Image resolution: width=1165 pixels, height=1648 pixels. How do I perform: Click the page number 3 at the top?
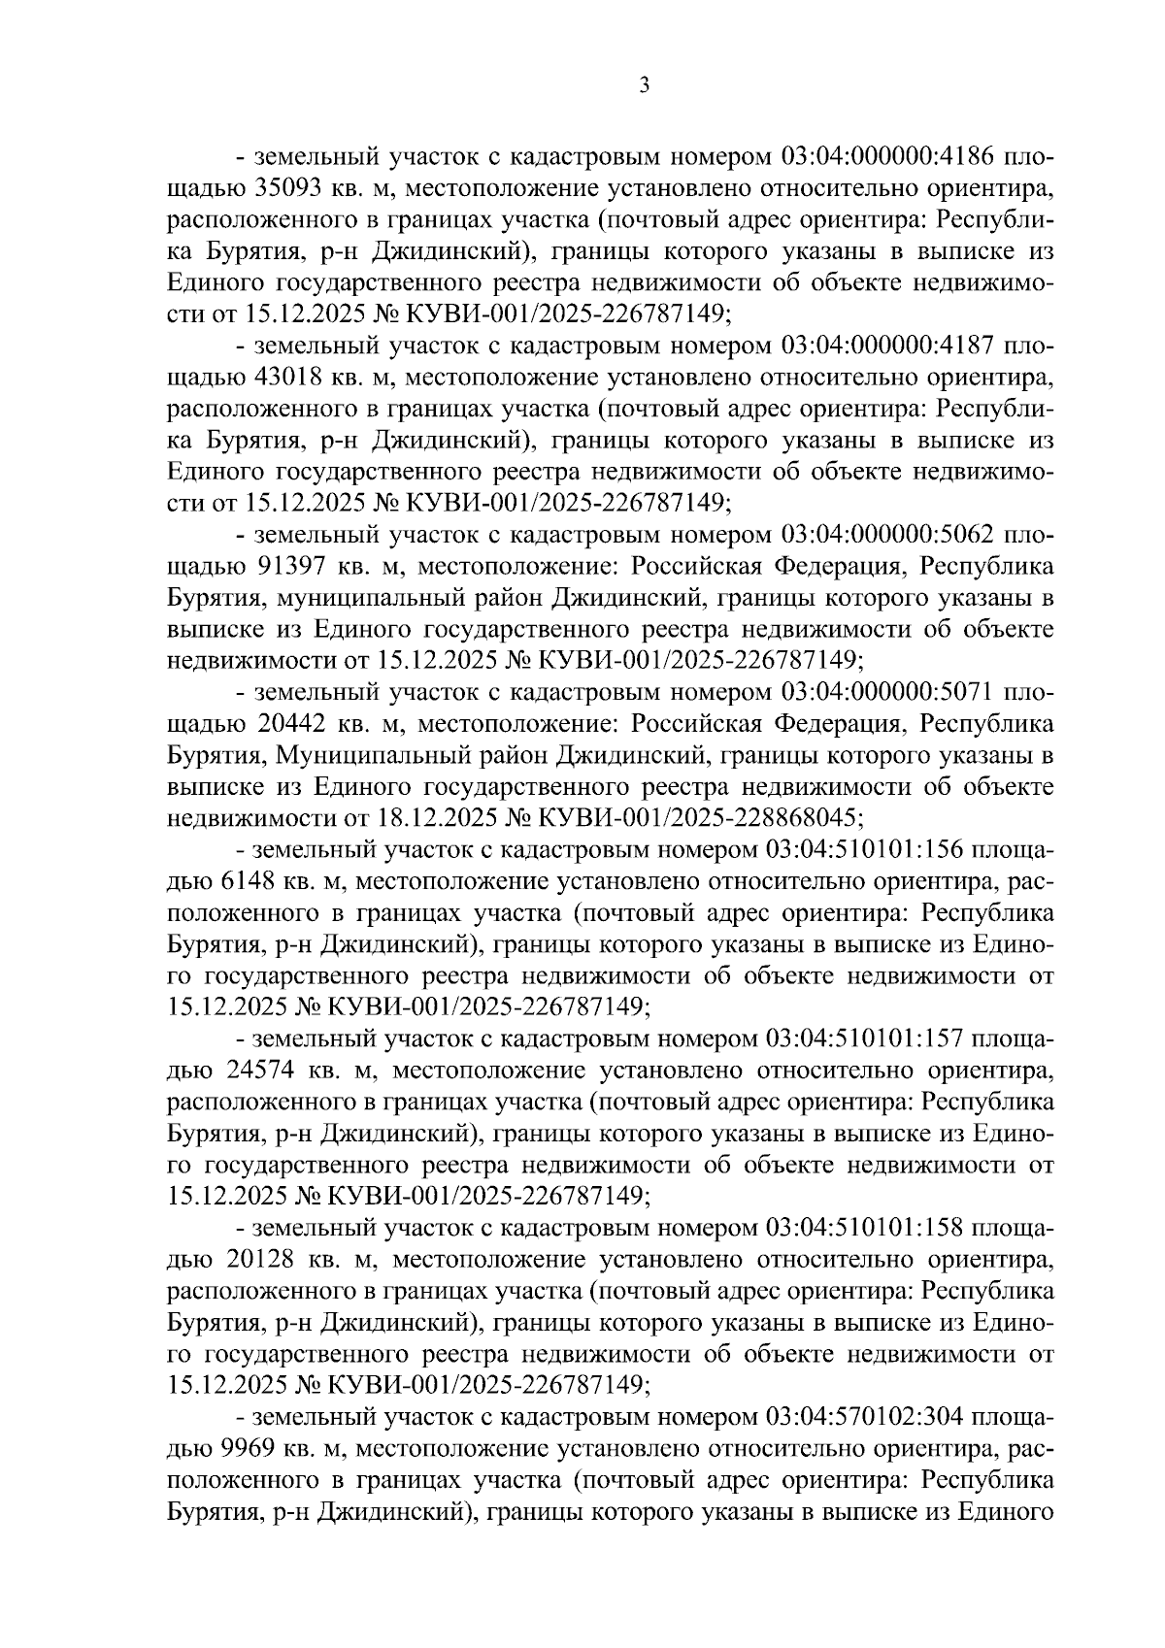(645, 86)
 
